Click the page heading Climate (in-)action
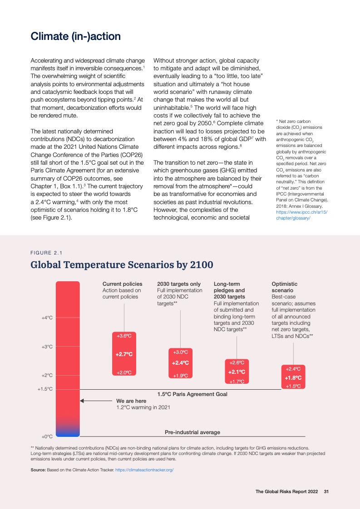(75, 36)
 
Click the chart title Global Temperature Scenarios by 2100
(122, 264)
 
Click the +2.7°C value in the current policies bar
(124, 354)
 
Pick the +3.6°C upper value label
(124, 336)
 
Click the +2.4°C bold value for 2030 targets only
(180, 363)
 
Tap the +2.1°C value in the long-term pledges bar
(237, 372)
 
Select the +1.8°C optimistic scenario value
(293, 377)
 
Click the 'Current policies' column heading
(122, 284)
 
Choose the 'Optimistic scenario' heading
(285, 287)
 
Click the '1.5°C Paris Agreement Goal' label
(192, 394)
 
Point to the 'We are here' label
(131, 401)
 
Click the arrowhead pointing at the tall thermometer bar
(82, 401)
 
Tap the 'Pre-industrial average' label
(192, 432)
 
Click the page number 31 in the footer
(326, 492)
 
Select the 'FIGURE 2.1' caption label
(46, 253)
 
